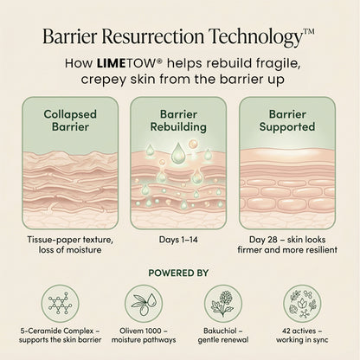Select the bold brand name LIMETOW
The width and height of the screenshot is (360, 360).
[x=126, y=63]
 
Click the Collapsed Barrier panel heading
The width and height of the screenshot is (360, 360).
[x=70, y=120]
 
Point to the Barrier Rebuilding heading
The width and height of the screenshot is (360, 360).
[x=178, y=120]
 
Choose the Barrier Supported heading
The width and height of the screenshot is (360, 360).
[x=287, y=120]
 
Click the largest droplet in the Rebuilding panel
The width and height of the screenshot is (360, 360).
[x=177, y=152]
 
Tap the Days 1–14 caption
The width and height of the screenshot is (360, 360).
[x=178, y=240]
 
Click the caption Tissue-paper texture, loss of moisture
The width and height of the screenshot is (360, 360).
[x=70, y=245]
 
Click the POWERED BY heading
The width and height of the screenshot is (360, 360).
[x=178, y=273]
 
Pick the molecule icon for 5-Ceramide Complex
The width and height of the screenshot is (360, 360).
[x=60, y=304]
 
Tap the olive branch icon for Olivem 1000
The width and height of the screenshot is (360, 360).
[x=144, y=304]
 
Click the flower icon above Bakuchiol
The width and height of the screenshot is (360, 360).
[x=223, y=304]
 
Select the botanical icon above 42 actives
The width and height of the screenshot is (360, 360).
[x=302, y=304]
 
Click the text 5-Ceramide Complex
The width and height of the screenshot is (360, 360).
[x=57, y=331]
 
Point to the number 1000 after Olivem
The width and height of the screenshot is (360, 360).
[x=153, y=331]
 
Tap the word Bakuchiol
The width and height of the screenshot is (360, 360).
[x=220, y=331]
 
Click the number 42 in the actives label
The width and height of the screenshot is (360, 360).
[x=286, y=331]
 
